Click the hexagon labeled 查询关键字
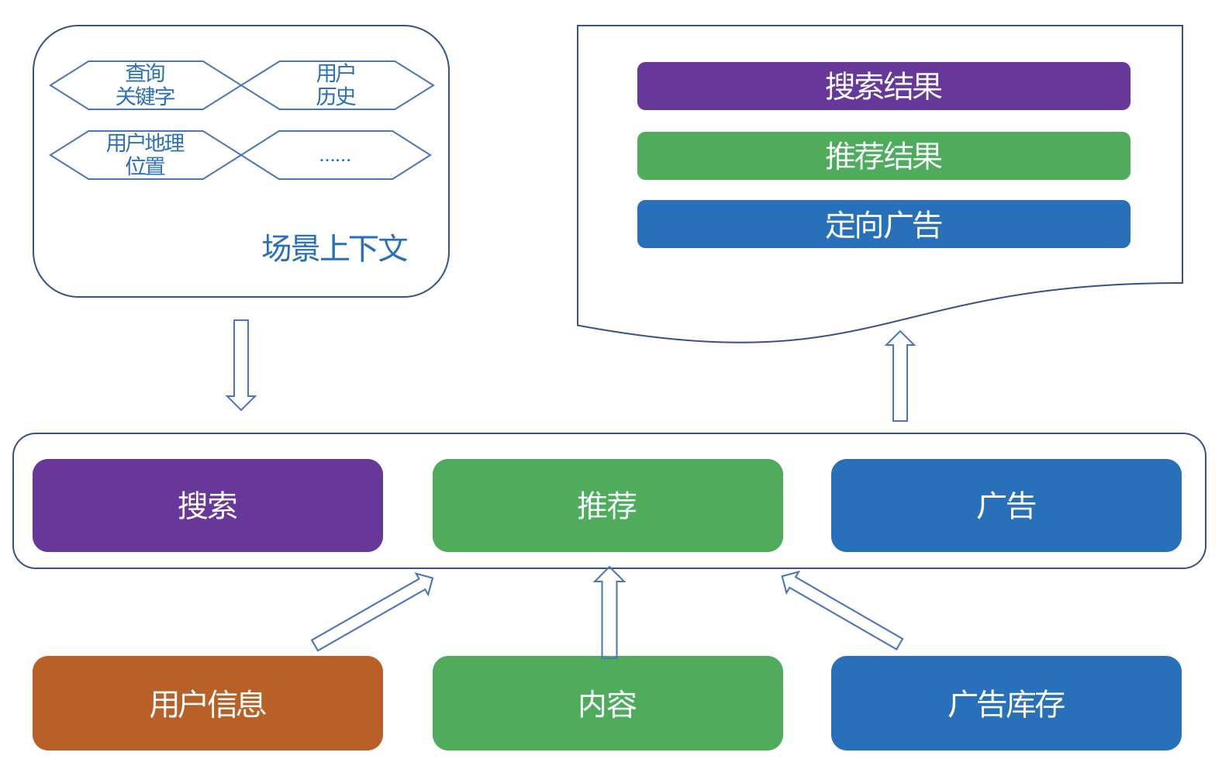click(146, 85)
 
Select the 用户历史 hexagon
click(337, 85)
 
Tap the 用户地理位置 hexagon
click(146, 155)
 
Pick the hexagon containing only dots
click(335, 155)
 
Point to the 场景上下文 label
click(334, 249)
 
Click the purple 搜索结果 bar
click(883, 86)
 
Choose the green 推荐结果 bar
click(883, 156)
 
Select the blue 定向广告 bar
click(883, 224)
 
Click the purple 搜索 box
click(208, 505)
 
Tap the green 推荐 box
click(607, 505)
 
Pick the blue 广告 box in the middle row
click(1006, 505)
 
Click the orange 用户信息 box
click(208, 703)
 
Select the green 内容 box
click(607, 703)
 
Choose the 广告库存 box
click(1006, 703)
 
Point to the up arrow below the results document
click(900, 377)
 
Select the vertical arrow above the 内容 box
click(609, 612)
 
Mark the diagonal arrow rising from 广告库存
click(842, 611)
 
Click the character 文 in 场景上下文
click(393, 249)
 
